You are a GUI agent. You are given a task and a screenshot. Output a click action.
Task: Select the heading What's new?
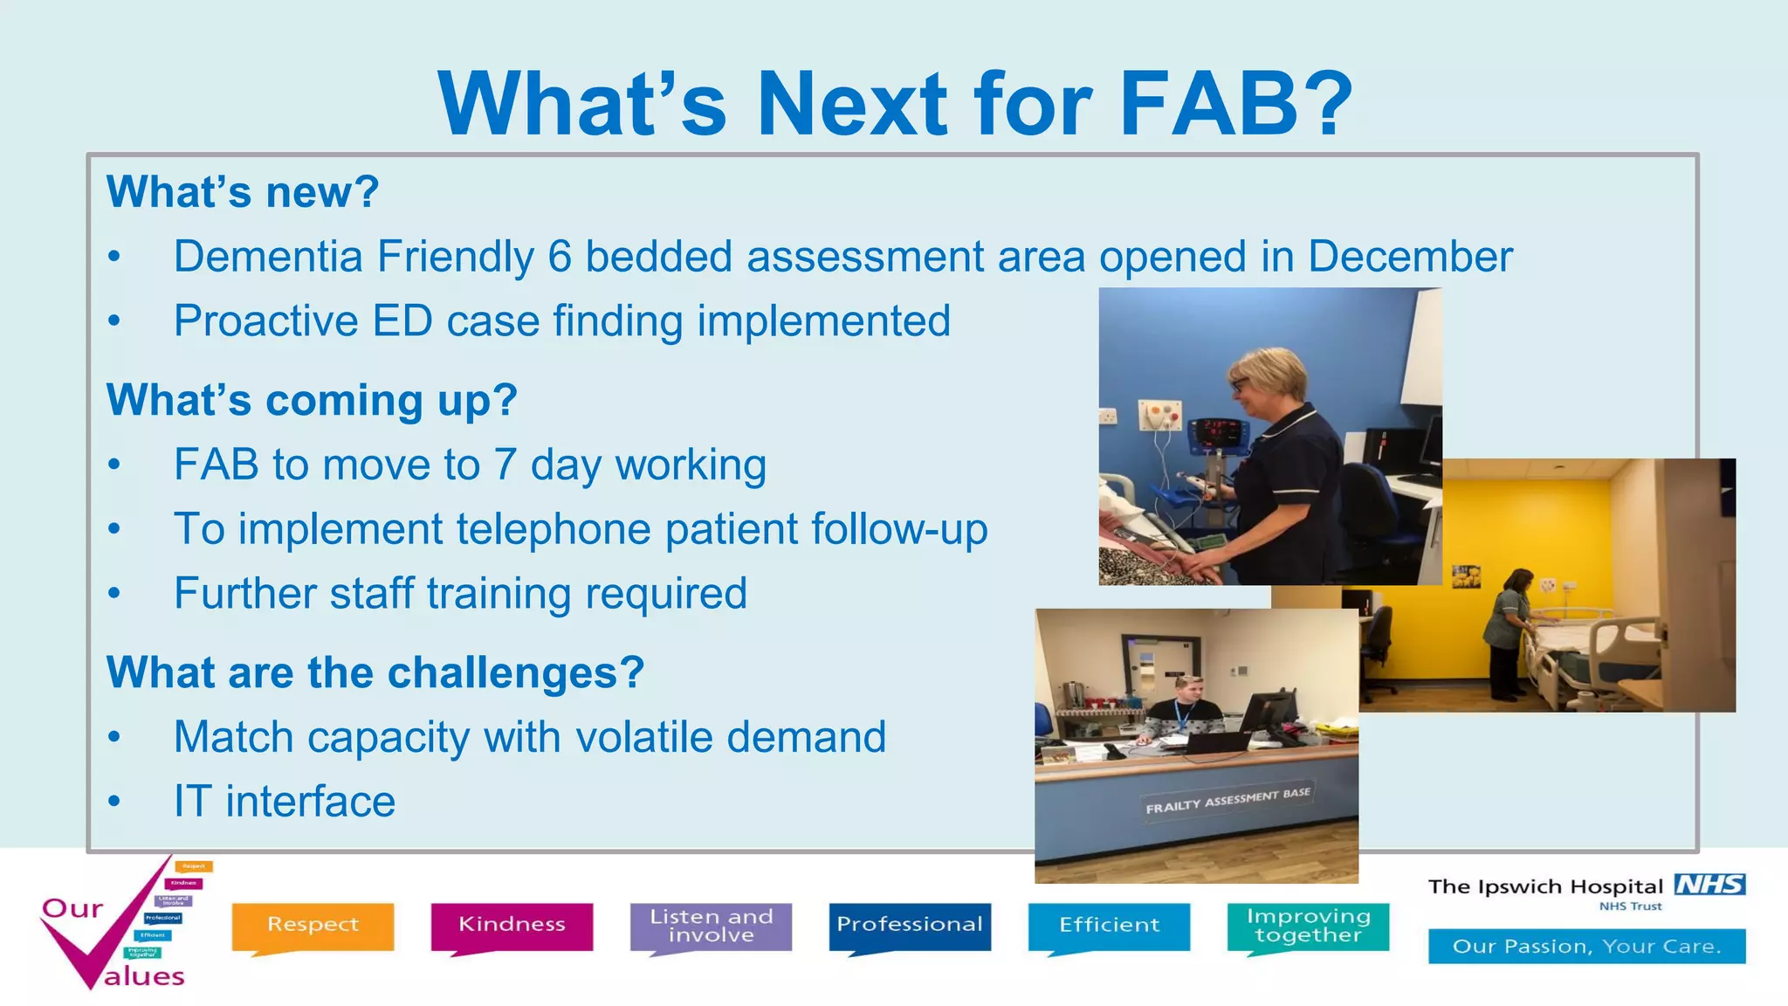click(242, 191)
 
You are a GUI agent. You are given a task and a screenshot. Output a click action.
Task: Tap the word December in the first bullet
click(1409, 257)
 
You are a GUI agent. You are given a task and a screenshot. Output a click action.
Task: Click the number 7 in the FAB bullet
click(505, 465)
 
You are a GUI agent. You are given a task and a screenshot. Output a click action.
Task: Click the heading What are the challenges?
click(375, 672)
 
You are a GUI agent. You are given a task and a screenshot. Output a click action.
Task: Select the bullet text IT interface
click(284, 801)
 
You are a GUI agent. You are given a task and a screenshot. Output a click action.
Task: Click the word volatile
click(644, 737)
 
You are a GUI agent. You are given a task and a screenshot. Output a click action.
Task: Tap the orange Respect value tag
click(313, 925)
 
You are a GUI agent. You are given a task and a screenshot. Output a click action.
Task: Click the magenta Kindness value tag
click(512, 925)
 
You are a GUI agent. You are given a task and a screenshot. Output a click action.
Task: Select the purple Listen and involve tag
click(711, 926)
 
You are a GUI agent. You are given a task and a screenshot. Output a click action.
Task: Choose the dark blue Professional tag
click(910, 925)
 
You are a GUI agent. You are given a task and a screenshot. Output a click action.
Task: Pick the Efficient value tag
click(1109, 925)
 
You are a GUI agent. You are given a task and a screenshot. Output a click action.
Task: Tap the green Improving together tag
click(1308, 926)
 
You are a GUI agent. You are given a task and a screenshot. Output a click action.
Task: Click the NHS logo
click(1709, 885)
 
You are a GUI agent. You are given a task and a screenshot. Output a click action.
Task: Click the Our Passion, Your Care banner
click(1586, 947)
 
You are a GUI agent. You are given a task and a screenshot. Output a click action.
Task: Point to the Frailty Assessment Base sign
click(1228, 801)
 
